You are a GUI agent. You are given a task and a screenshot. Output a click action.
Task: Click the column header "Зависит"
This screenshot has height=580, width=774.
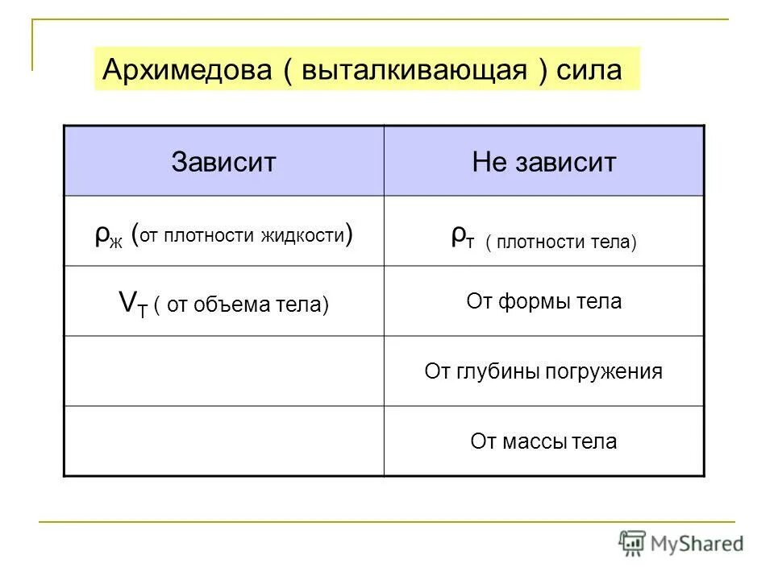point(223,163)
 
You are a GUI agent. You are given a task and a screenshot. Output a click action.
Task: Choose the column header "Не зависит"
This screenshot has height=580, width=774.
point(544,163)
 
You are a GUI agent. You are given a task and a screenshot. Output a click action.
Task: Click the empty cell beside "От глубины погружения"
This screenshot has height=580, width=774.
point(223,371)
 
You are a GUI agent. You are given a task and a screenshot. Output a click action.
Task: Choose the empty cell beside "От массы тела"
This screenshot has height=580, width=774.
point(223,441)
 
